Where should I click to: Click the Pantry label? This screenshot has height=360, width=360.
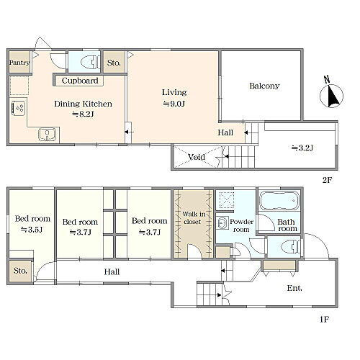(x=19, y=63)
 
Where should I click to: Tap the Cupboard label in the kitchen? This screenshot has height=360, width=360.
(x=80, y=81)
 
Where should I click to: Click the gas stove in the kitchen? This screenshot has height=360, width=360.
(x=19, y=108)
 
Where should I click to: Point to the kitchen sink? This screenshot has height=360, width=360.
(x=48, y=135)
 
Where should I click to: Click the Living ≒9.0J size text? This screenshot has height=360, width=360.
(x=174, y=104)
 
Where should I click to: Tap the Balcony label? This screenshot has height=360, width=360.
(x=264, y=86)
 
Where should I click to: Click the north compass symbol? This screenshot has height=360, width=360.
(x=331, y=94)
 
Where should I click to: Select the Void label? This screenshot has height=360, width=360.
(x=197, y=157)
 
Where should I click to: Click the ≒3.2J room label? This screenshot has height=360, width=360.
(x=302, y=148)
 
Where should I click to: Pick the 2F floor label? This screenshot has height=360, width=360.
(x=327, y=180)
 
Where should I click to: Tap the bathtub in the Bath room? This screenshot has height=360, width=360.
(x=280, y=200)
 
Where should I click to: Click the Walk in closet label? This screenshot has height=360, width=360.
(x=194, y=217)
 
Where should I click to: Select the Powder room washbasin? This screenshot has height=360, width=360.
(x=222, y=223)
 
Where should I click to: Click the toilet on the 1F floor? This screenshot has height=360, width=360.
(x=290, y=247)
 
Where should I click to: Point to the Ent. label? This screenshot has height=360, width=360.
(x=294, y=288)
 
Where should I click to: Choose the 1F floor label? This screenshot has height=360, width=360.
(x=324, y=320)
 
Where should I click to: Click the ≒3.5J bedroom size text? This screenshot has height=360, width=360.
(x=32, y=230)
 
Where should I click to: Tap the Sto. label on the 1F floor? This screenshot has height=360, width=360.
(x=20, y=271)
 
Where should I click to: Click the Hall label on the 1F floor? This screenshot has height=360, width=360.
(x=112, y=272)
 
